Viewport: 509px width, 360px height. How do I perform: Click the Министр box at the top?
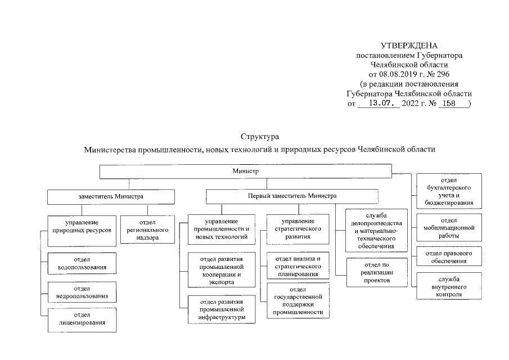click(x=245, y=170)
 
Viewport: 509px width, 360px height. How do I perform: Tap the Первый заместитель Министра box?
click(x=292, y=196)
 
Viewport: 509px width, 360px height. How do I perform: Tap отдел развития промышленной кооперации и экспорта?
click(x=221, y=270)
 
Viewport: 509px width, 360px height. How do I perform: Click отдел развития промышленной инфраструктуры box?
click(x=221, y=309)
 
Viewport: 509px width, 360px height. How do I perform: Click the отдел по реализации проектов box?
click(x=369, y=272)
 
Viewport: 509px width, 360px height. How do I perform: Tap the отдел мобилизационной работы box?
click(x=449, y=228)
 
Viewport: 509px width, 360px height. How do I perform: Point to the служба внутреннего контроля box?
click(x=449, y=286)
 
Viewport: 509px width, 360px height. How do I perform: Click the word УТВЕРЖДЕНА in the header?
click(x=408, y=46)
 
